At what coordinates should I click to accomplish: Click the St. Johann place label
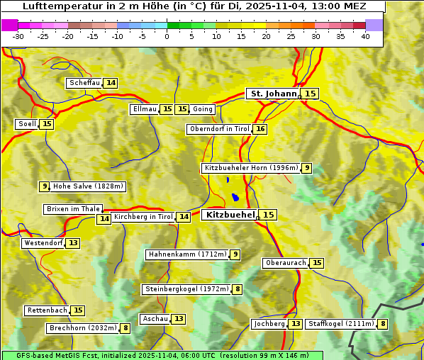click(x=273, y=94)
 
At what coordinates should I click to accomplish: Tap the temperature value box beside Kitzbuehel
click(x=268, y=215)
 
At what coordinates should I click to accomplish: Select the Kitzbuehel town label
click(x=229, y=215)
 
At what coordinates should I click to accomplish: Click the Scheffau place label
click(x=84, y=83)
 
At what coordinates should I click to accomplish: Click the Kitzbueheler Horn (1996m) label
click(x=251, y=168)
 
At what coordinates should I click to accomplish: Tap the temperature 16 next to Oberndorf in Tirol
click(x=261, y=129)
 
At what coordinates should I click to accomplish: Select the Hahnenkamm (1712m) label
click(x=187, y=254)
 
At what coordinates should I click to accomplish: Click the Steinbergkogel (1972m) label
click(x=186, y=289)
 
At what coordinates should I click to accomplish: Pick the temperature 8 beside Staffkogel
click(x=383, y=324)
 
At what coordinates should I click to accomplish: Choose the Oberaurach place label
click(x=286, y=263)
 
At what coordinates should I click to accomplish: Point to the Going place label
click(x=203, y=109)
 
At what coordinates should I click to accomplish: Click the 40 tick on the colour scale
click(x=365, y=36)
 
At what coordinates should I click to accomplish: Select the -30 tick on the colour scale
click(x=18, y=36)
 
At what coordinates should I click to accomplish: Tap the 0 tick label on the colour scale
click(x=167, y=36)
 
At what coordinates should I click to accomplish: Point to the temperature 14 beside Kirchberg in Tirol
click(x=184, y=217)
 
